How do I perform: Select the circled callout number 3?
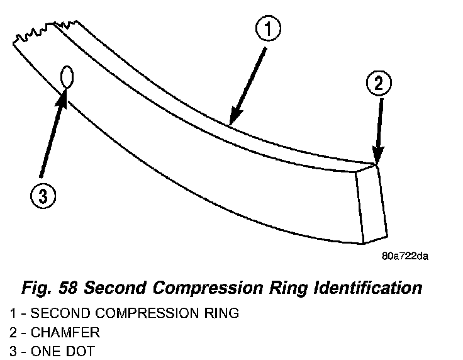click(42, 197)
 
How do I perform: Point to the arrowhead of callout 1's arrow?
click(231, 121)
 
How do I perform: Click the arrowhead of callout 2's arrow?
click(377, 160)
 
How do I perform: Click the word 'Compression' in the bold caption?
click(212, 289)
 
